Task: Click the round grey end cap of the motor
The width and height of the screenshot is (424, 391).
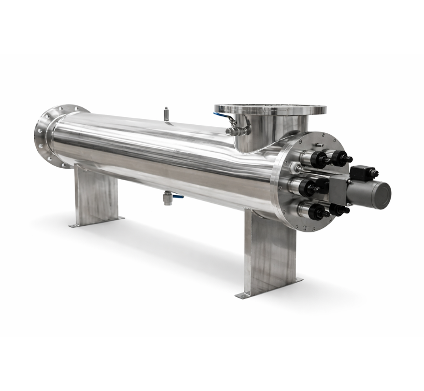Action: [x=382, y=193]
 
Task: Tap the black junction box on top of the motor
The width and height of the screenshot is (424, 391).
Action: [x=363, y=172]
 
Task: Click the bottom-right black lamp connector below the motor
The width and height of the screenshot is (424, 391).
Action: [x=339, y=210]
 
